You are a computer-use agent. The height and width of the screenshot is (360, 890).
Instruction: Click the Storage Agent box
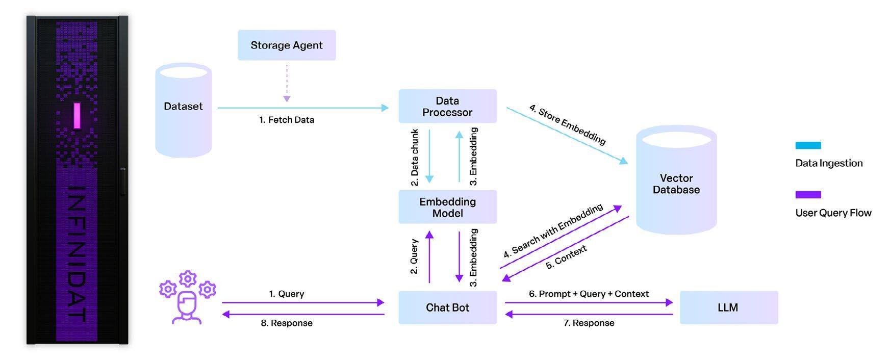point(287,45)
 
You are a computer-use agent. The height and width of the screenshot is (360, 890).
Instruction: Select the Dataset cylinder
point(183,110)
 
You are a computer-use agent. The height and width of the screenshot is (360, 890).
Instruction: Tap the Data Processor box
point(447,106)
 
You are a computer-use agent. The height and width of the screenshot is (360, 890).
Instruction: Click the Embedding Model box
point(447,207)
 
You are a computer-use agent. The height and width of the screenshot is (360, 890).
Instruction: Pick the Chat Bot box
point(447,307)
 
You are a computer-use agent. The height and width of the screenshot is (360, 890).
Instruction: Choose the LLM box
point(728,307)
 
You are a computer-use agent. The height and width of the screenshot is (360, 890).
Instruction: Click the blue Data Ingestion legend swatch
point(808,145)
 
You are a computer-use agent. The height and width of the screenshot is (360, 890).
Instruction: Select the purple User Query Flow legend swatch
point(808,194)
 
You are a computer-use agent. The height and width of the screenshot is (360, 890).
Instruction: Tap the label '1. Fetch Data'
point(287,120)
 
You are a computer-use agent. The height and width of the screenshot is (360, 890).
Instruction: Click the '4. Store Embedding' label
point(568,125)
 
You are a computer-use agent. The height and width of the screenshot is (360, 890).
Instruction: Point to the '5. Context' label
point(566,257)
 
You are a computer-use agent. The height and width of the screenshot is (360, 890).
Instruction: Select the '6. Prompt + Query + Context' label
point(589,294)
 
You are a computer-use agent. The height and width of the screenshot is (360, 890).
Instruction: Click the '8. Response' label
point(287,323)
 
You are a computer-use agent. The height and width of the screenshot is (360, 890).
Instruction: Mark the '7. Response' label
point(589,323)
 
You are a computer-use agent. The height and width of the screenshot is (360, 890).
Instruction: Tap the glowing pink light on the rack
point(77,116)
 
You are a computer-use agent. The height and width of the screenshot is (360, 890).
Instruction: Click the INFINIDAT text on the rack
point(77,253)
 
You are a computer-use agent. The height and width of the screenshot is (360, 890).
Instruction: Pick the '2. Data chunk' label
point(415,157)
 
